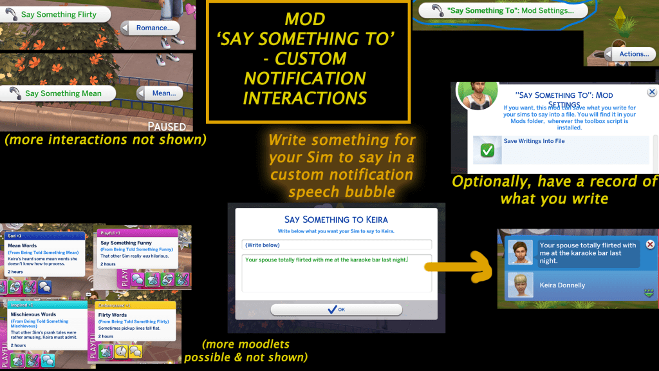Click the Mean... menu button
163,93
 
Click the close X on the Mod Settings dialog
652,93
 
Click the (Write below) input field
337,245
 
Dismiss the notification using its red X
650,245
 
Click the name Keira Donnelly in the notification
562,285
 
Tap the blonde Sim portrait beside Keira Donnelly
520,285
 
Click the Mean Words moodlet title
23,246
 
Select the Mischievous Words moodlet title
33,315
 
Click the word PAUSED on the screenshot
167,126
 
